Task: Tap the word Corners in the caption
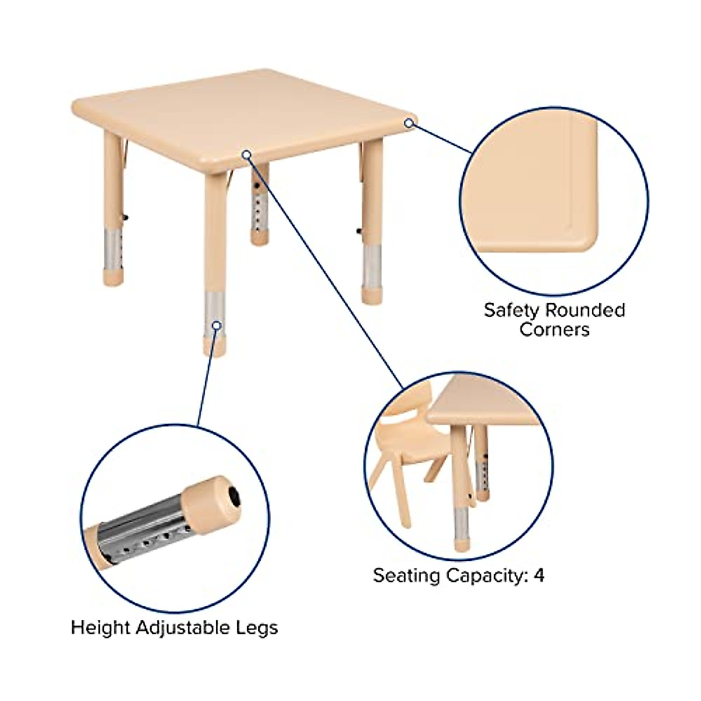[554, 329]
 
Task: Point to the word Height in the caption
[100, 629]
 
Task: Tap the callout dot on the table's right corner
[410, 123]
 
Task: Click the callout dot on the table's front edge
[247, 154]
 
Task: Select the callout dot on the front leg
[217, 325]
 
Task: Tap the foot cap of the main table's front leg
[214, 346]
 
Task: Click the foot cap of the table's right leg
[371, 294]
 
